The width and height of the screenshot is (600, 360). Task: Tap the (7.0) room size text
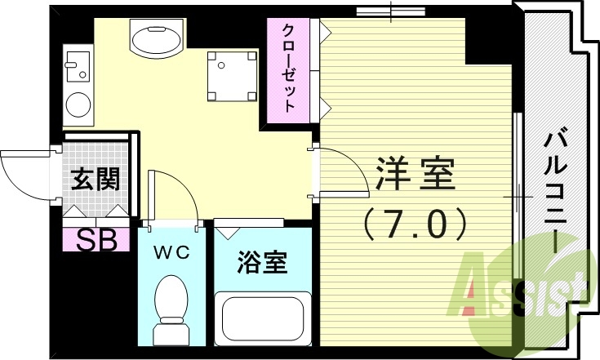(416, 222)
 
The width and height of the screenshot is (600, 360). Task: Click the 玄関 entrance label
(95, 178)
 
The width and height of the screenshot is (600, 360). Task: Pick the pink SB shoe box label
(96, 240)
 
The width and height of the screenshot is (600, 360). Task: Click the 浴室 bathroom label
(262, 263)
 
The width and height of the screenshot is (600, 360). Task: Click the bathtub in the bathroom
(262, 321)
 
